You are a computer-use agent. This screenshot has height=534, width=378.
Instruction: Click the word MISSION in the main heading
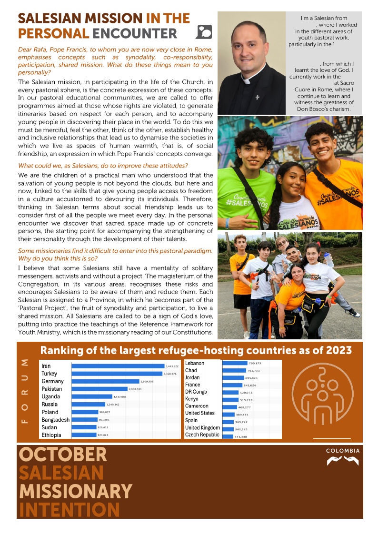tap(113, 19)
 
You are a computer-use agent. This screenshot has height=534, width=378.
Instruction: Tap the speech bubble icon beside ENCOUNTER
tap(204, 32)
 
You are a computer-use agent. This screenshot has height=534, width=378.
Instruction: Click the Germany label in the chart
tap(52, 381)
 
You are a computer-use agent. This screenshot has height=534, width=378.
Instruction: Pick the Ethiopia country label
tap(51, 435)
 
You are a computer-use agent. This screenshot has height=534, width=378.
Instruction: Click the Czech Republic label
tap(202, 435)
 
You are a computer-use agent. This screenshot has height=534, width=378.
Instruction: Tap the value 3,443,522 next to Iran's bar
tap(172, 366)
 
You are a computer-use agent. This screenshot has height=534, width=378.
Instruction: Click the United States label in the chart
tap(200, 413)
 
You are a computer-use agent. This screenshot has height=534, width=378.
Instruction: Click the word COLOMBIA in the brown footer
tap(343, 451)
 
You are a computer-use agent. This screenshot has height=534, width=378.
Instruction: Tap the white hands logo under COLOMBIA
tap(343, 461)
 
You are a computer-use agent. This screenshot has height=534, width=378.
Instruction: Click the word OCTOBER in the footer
tap(63, 455)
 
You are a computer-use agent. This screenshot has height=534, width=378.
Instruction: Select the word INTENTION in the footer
tap(69, 509)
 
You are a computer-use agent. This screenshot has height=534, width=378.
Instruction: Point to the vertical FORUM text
tap(25, 391)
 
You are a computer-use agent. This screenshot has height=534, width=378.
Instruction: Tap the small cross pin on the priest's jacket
tap(258, 97)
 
